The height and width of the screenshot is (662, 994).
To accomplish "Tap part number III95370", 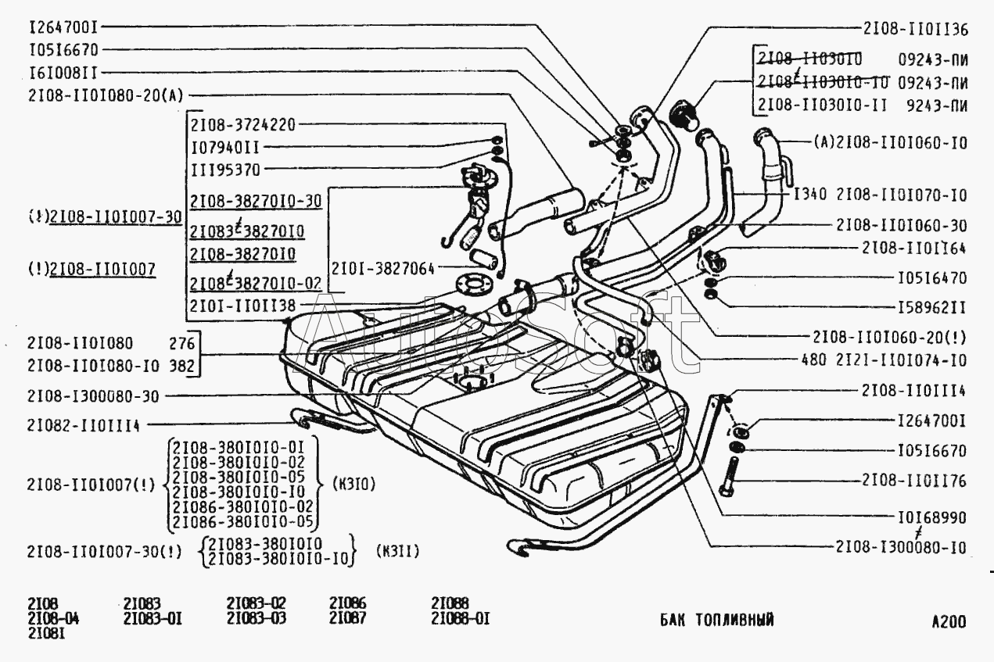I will [x=225, y=170].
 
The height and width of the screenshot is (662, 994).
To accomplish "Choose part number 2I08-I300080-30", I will [x=92, y=396].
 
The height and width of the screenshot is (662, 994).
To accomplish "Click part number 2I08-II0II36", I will [x=916, y=30].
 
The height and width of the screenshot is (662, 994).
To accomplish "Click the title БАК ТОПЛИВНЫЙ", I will [x=717, y=620].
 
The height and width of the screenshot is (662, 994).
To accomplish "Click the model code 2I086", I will [x=347, y=603].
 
